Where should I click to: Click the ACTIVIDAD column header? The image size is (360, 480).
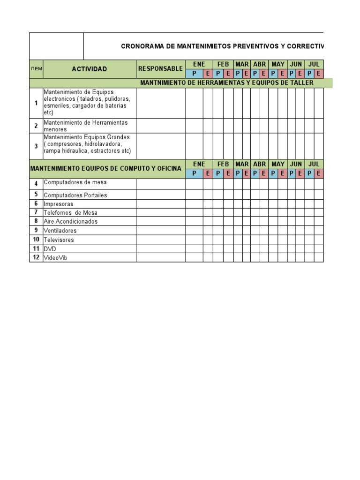coord(89,69)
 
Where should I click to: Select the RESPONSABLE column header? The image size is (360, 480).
coord(160,68)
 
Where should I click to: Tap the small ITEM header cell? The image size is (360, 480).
coord(36,69)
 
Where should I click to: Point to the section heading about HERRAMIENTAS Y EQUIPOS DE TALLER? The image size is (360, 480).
coord(227,83)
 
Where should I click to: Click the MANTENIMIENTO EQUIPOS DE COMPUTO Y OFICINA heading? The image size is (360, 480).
coord(105,168)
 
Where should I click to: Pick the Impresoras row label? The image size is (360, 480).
coord(59,204)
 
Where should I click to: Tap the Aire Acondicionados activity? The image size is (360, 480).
coord(71,221)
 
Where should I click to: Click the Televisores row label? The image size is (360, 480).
coord(59,240)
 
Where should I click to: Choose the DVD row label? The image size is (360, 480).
coord(50,249)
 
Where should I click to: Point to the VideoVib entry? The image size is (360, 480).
coord(55,258)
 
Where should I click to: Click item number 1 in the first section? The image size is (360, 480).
coord(36,103)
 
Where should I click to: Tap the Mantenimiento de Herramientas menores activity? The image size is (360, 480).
coord(86,126)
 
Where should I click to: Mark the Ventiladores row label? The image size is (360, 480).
coord(60,231)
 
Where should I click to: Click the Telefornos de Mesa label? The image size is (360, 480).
coord(70,213)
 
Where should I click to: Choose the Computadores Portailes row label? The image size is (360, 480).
coord(75,195)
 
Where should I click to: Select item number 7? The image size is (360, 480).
coord(36,212)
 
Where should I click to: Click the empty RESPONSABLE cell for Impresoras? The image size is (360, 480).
coord(161,204)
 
